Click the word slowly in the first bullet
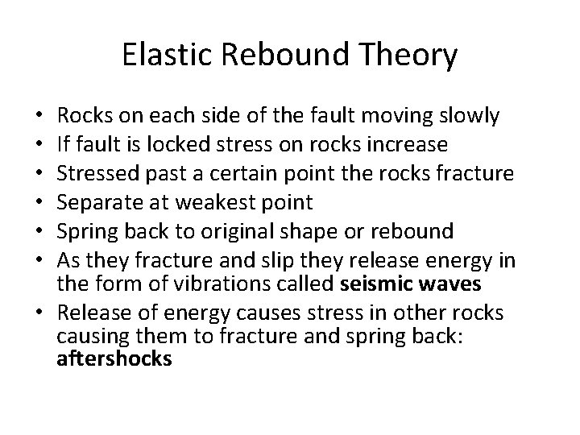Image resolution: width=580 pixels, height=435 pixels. coord(470,117)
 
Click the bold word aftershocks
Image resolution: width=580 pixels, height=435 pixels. coord(114,358)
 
